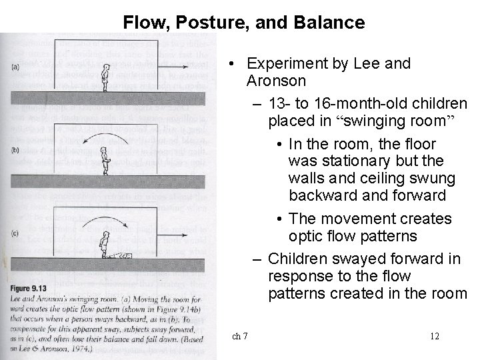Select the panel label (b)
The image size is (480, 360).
(15, 150)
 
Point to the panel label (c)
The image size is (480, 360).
(15, 234)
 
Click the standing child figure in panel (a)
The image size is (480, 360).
(105, 78)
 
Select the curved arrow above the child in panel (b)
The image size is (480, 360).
(105, 137)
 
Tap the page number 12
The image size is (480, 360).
(435, 336)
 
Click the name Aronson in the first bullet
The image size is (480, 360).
(277, 81)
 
